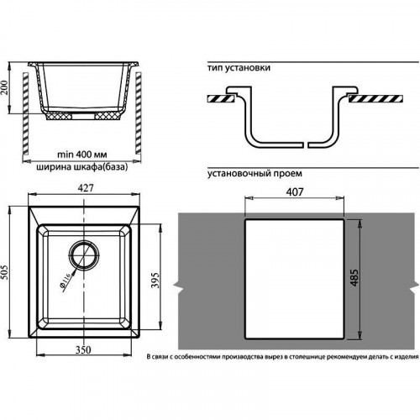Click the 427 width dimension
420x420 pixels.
(86, 188)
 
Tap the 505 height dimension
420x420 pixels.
(5, 272)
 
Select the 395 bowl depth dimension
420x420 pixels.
(155, 280)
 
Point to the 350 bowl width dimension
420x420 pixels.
(83, 349)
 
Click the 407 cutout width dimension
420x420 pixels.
(295, 192)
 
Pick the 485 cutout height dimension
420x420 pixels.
(354, 278)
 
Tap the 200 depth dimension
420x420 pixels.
(4, 87)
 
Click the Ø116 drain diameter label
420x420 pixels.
(65, 281)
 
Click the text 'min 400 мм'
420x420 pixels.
(81, 155)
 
